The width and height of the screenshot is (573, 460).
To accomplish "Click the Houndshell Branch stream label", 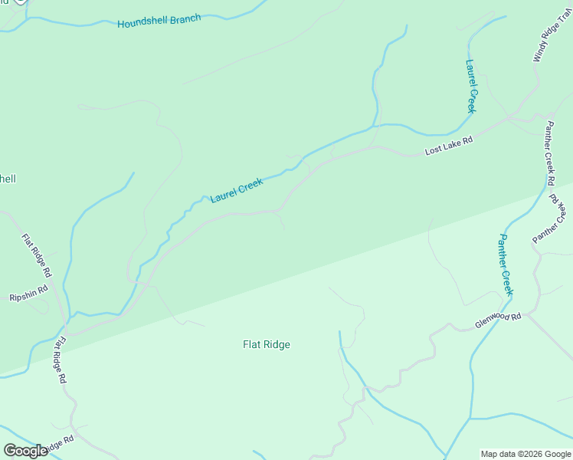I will click(159, 21).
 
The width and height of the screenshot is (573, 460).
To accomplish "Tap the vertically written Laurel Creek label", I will click(470, 86).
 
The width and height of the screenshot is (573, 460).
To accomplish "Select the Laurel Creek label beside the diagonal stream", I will click(237, 190).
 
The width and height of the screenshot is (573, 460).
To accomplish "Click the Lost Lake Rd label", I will click(449, 146).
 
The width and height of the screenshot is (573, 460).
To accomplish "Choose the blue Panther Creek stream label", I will click(505, 264).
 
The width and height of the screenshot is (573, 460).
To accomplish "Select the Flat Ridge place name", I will click(267, 344).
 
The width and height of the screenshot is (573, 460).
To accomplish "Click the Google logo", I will click(25, 451).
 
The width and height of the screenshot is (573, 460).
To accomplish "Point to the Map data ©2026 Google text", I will click(526, 454).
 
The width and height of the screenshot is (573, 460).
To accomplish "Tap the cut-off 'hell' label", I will click(8, 179).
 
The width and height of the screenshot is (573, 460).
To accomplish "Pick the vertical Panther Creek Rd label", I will click(549, 153).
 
